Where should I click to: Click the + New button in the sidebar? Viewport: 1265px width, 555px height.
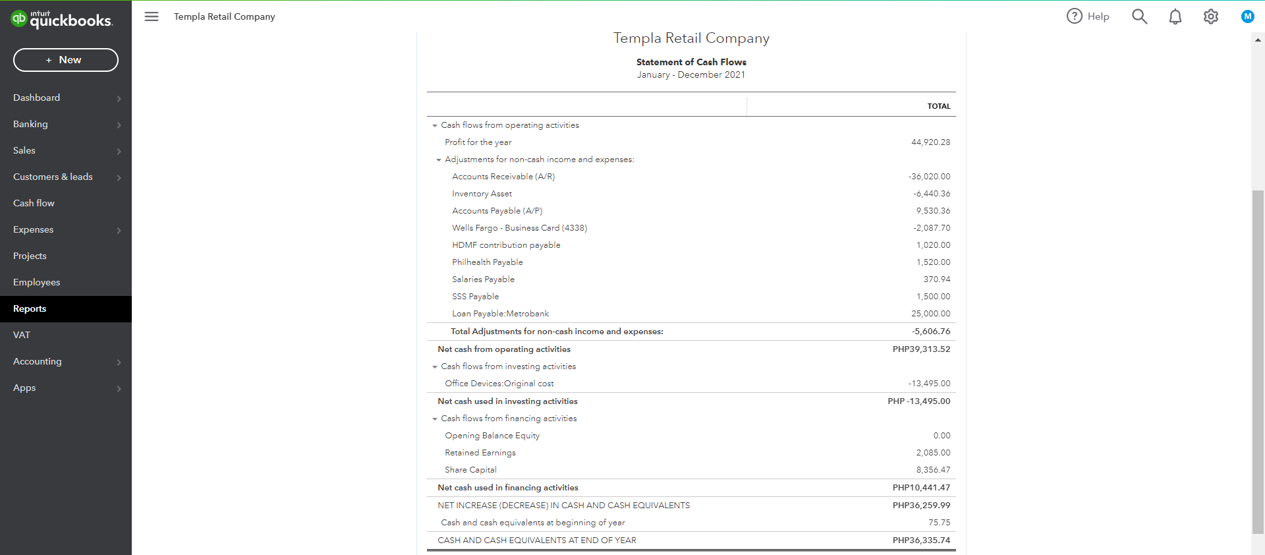[x=65, y=60]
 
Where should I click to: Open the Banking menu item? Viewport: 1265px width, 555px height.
[x=30, y=124]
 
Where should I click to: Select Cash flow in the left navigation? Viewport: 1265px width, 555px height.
[x=34, y=203]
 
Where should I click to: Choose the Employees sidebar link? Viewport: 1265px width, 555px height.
[x=36, y=282]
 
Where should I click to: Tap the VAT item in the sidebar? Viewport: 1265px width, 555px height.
[x=22, y=335]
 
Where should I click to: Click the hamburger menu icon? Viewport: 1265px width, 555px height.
[x=152, y=16]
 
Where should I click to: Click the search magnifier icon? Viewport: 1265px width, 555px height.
[x=1139, y=16]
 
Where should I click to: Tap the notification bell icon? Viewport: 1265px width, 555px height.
[x=1175, y=16]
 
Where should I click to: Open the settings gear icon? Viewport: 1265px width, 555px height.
[x=1210, y=16]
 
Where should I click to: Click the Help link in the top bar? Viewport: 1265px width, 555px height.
[x=1088, y=16]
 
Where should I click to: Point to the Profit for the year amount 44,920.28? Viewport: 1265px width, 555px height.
[x=930, y=142]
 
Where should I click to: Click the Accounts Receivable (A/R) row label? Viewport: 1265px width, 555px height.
[x=503, y=177]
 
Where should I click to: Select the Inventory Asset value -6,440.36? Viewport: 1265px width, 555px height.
[x=932, y=194]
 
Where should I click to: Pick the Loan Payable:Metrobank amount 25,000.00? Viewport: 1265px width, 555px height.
[x=930, y=314]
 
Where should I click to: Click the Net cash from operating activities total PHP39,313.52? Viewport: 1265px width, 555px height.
[x=921, y=349]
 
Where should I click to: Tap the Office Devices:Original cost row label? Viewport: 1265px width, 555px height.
[x=499, y=384]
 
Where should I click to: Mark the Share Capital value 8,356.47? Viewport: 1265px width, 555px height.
[x=933, y=470]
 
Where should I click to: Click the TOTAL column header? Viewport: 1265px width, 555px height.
[x=939, y=106]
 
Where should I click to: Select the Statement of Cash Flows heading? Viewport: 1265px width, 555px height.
[x=691, y=62]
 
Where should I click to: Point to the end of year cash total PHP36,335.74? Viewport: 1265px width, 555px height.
[x=921, y=540]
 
